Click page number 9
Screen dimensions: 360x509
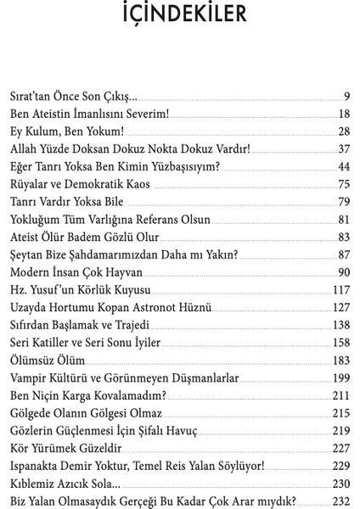point(346,94)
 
